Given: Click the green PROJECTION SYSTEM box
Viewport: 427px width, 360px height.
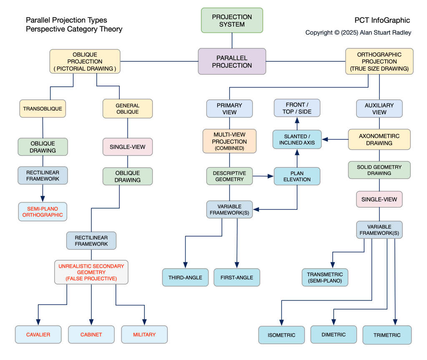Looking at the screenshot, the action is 232,20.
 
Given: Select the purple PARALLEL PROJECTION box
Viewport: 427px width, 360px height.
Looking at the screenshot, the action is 232,62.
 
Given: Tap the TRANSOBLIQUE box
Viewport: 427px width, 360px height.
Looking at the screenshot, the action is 43,108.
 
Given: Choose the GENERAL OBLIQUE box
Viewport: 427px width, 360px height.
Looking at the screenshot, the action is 128,108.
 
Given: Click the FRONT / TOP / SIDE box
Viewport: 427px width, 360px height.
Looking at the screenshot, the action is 297,108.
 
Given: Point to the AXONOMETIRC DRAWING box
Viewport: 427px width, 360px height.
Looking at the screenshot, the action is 379,139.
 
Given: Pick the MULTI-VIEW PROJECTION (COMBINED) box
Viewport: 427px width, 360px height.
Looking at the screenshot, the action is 229,141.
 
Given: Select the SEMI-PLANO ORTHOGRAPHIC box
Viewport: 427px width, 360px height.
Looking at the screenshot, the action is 43,212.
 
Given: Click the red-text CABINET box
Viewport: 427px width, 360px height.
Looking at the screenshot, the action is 91,335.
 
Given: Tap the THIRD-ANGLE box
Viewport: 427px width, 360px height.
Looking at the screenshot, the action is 185,277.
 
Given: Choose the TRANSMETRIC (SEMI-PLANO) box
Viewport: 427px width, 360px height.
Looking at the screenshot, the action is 325,277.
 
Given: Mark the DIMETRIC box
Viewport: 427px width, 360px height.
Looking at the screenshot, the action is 334,335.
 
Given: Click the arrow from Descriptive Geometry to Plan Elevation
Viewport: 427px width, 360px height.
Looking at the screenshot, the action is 264,176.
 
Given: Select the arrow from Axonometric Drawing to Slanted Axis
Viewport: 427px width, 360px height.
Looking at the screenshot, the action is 335,139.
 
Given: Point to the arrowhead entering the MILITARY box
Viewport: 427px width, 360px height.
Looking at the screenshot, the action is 144,322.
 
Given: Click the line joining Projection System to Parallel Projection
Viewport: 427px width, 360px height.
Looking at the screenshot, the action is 232,40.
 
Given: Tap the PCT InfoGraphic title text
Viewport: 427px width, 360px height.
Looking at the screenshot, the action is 382,20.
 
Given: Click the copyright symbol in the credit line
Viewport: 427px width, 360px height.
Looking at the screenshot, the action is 337,33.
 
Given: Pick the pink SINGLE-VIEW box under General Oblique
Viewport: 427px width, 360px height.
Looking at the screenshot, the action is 128,147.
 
